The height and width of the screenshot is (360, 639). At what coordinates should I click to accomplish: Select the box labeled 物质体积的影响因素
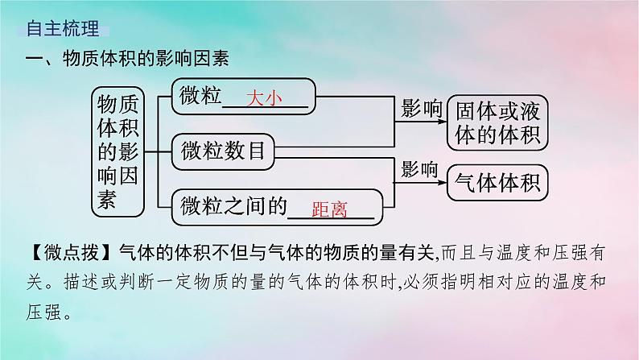(117, 151)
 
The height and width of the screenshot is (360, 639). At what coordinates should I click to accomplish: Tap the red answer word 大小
(265, 98)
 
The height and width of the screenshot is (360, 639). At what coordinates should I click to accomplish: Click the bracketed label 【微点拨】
(62, 252)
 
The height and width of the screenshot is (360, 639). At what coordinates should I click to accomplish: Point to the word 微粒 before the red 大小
(201, 97)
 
